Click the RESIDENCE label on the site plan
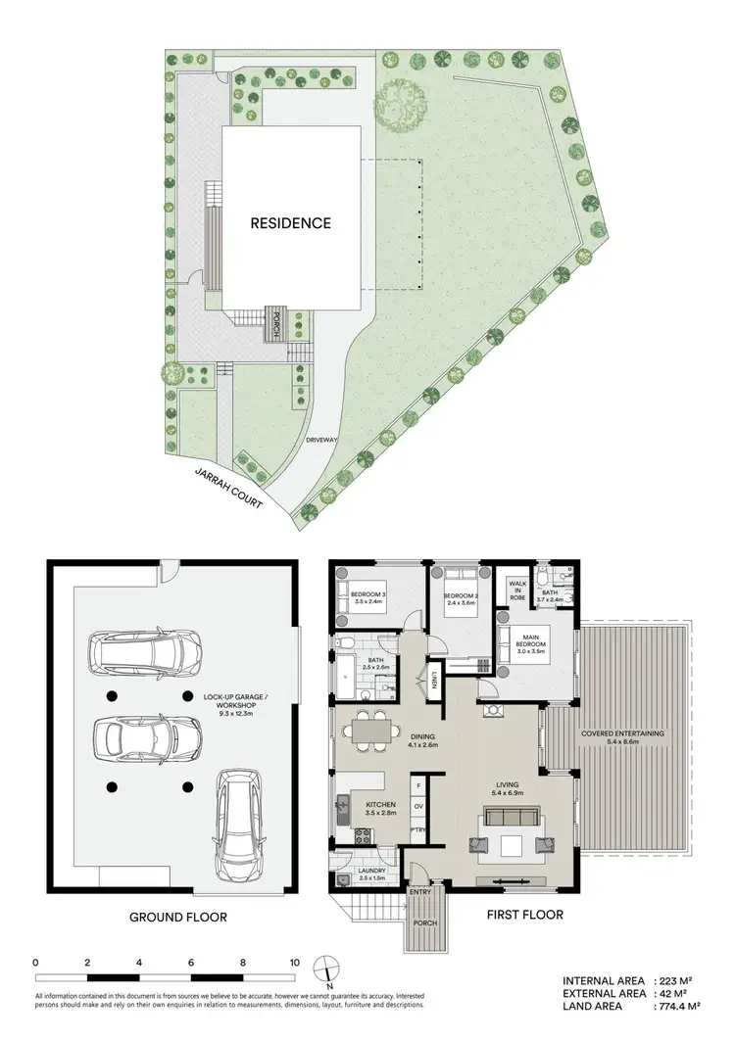click(x=290, y=223)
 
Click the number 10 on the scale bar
click(x=294, y=963)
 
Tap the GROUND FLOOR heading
click(x=178, y=918)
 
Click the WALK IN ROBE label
click(x=516, y=590)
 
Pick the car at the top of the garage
click(x=145, y=648)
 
